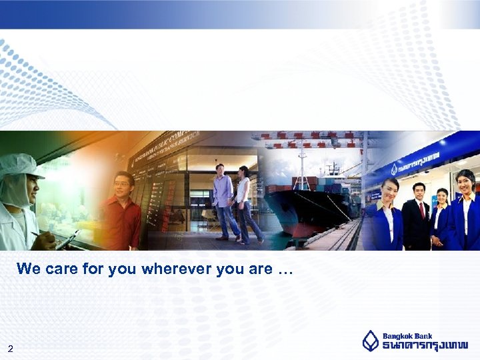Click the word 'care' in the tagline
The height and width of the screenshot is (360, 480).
pos(59,269)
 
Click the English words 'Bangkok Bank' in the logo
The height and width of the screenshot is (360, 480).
pos(407,336)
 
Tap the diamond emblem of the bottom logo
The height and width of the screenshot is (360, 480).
pos(370,341)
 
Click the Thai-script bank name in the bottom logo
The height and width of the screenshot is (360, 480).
pos(425,345)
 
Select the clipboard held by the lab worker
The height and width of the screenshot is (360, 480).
pos(67,239)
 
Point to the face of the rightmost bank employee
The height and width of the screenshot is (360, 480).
pos(466,181)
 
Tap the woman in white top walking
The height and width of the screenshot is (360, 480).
pos(245,203)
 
